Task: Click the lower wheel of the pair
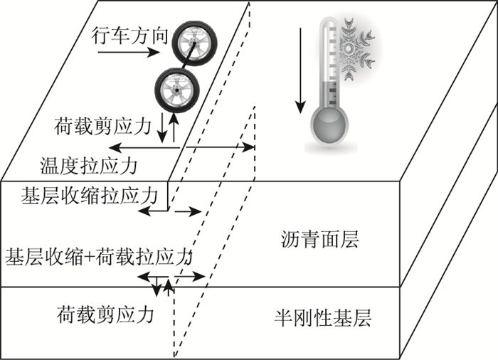click(x=173, y=88)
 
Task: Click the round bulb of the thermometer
click(x=330, y=125)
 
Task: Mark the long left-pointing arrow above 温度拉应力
click(x=142, y=147)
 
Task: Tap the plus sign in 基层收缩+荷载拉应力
click(x=87, y=255)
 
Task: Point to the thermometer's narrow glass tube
click(x=329, y=64)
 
